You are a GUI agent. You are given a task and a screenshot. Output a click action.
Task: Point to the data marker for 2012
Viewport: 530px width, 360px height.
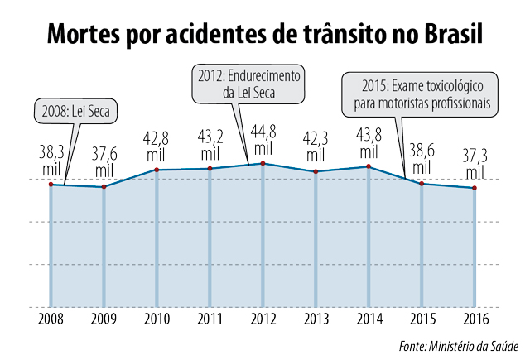click(x=263, y=164)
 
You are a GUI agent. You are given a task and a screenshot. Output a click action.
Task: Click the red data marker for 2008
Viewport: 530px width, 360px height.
click(x=51, y=185)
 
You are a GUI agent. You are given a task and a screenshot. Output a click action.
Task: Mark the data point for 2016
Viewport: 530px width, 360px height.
click(x=475, y=189)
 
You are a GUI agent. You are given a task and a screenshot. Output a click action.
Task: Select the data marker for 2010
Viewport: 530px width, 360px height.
click(x=157, y=170)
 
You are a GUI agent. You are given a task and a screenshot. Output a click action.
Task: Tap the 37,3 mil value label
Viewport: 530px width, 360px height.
click(x=475, y=164)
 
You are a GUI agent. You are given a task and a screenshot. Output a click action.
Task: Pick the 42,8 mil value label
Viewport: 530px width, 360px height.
click(x=157, y=146)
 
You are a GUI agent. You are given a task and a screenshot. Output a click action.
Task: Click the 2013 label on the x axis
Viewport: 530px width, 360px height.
click(x=316, y=319)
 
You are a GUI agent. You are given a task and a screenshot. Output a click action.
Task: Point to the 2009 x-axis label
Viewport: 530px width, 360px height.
click(x=104, y=319)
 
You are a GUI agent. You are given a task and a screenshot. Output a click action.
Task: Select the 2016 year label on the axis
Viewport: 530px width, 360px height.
click(x=475, y=319)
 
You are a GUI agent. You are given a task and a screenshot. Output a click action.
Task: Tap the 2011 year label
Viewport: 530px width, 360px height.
click(x=210, y=319)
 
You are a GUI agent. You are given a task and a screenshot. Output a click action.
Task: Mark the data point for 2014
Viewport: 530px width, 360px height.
click(x=369, y=167)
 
